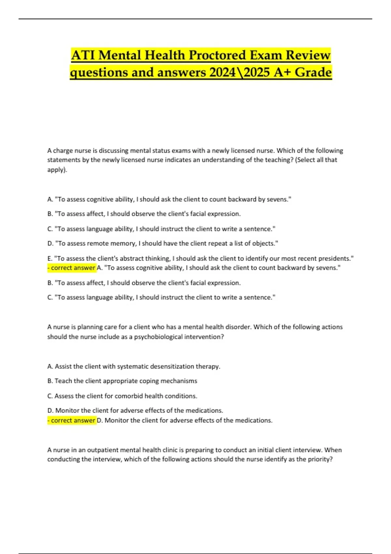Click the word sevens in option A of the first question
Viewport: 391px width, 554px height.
pos(277,199)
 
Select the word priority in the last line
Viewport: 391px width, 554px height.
pos(319,459)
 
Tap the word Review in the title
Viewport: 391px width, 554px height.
pos(308,55)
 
